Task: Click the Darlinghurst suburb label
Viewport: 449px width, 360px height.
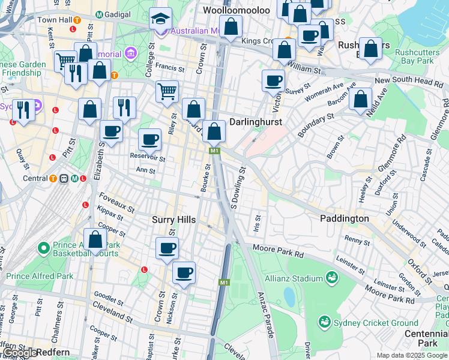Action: tap(256, 121)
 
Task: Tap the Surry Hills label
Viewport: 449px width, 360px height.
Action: tap(173, 220)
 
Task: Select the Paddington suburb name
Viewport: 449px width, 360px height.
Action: tap(345, 218)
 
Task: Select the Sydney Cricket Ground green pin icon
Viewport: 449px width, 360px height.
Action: tap(325, 322)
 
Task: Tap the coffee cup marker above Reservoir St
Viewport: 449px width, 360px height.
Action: tap(149, 140)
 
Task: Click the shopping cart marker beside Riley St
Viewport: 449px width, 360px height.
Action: tap(167, 92)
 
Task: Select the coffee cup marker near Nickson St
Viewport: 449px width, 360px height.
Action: tap(184, 273)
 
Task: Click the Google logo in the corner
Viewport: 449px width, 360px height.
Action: tap(19, 353)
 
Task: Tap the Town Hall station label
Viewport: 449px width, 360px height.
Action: tap(55, 20)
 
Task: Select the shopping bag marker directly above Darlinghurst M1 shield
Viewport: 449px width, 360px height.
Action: tap(214, 131)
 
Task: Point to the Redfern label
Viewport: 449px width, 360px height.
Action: tap(51, 352)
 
